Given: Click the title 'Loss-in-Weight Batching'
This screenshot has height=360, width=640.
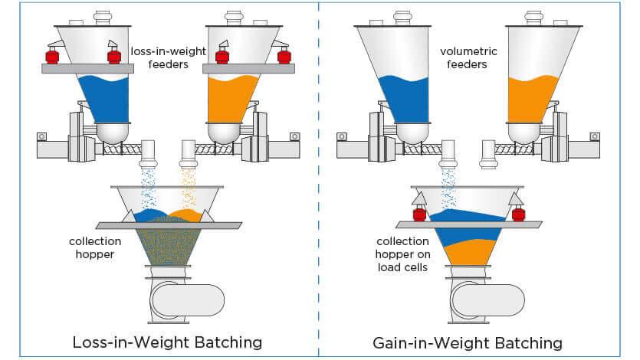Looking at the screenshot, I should [x=167, y=342].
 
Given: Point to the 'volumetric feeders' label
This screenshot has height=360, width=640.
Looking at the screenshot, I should [x=464, y=59].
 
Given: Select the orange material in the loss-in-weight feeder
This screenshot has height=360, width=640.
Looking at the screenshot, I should [x=232, y=98].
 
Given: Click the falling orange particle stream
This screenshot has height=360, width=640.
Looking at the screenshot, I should [x=188, y=188].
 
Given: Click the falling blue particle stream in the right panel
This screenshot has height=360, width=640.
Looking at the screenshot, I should [x=448, y=188].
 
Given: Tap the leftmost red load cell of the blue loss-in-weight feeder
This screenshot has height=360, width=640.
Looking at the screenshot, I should [x=53, y=56].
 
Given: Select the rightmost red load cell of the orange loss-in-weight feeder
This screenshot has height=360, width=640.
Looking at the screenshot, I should [x=284, y=56].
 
